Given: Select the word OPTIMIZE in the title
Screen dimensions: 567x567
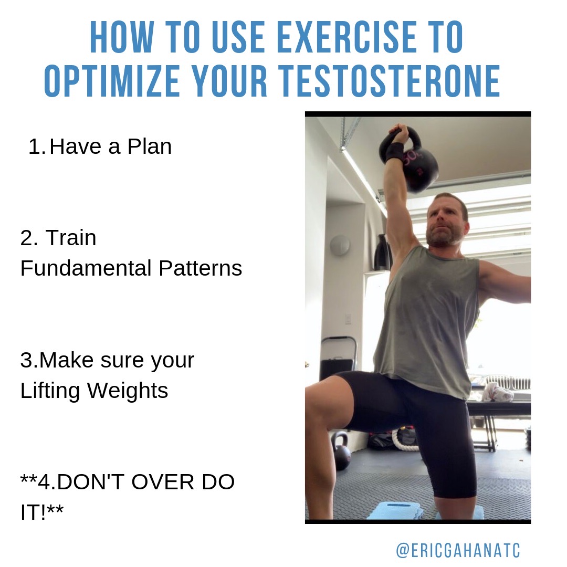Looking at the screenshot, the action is [x=112, y=81].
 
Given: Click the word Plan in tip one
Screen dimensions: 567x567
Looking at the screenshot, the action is [x=149, y=146].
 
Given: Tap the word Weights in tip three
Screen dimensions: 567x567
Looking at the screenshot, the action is [x=128, y=391].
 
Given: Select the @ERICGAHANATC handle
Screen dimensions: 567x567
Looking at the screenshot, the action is [x=458, y=550].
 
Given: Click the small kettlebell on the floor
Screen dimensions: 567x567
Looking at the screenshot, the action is [x=340, y=450].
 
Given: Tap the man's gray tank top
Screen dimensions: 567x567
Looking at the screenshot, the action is [x=427, y=318].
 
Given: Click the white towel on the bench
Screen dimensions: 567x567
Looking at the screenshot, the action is [x=497, y=392].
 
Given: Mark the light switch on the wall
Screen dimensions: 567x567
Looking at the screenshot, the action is [x=348, y=319].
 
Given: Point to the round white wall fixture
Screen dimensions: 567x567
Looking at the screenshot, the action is [x=340, y=245].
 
